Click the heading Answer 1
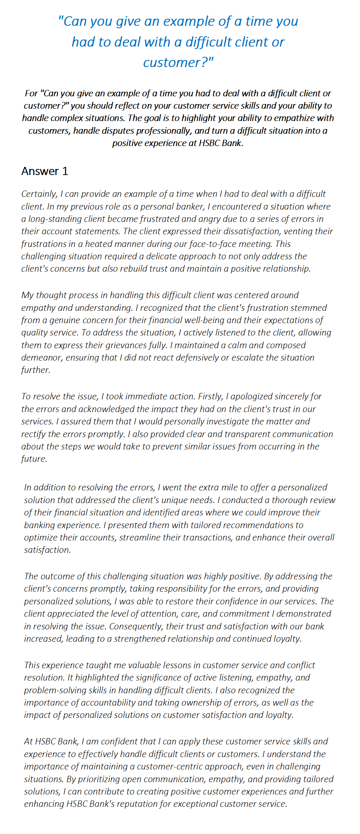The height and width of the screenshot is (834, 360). [44, 171]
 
